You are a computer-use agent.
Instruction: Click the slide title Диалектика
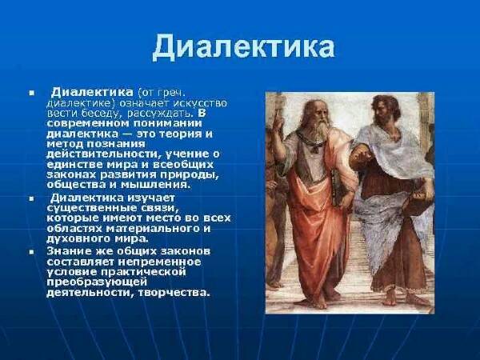click(x=243, y=47)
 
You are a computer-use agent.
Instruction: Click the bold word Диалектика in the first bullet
click(x=92, y=92)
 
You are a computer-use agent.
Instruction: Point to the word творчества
click(x=174, y=293)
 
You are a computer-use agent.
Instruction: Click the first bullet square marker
click(x=31, y=93)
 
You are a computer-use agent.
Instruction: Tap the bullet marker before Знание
click(x=31, y=252)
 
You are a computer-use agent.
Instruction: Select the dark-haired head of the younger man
click(x=385, y=110)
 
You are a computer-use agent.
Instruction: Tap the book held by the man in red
click(x=338, y=187)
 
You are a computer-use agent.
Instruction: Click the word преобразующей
click(x=97, y=282)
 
